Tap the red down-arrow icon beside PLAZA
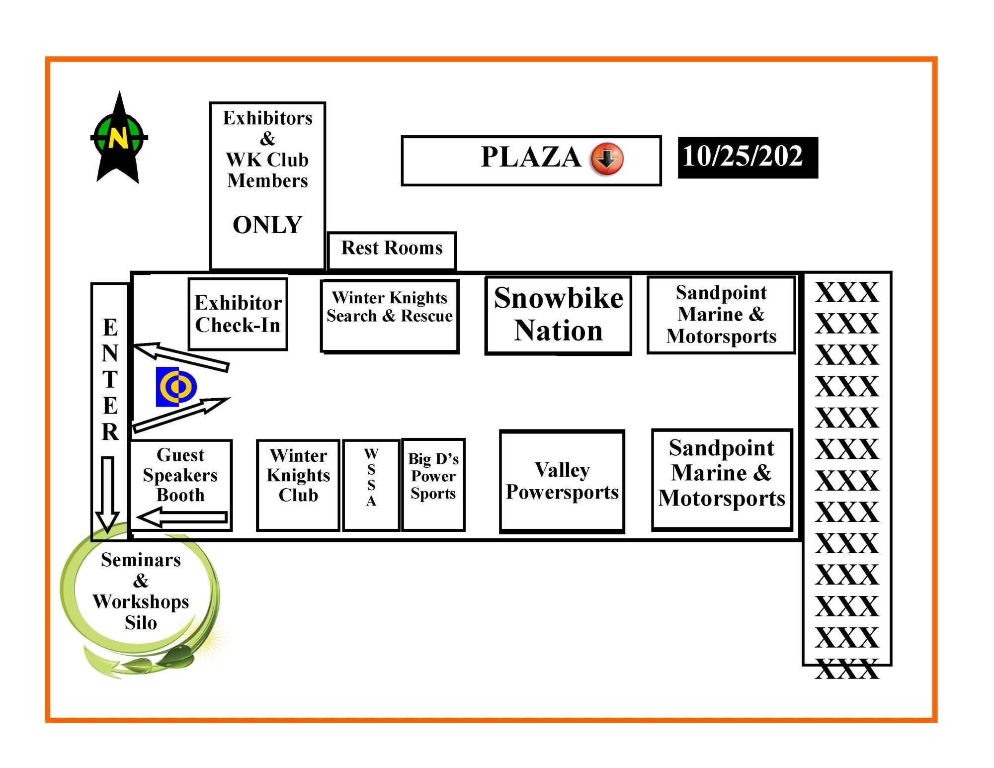[606, 159]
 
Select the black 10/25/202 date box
[747, 158]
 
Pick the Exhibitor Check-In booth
[238, 314]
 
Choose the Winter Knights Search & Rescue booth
[390, 316]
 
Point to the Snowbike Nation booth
[558, 315]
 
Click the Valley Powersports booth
[562, 481]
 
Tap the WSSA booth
[371, 485]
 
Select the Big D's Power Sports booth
[433, 484]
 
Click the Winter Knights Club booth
[298, 485]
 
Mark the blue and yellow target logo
[176, 387]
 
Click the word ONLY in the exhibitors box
[267, 225]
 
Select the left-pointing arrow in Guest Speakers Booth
[183, 517]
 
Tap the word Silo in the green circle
[141, 623]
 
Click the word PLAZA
[531, 157]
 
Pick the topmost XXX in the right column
[846, 292]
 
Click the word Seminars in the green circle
[141, 560]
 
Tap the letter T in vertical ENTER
[110, 380]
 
